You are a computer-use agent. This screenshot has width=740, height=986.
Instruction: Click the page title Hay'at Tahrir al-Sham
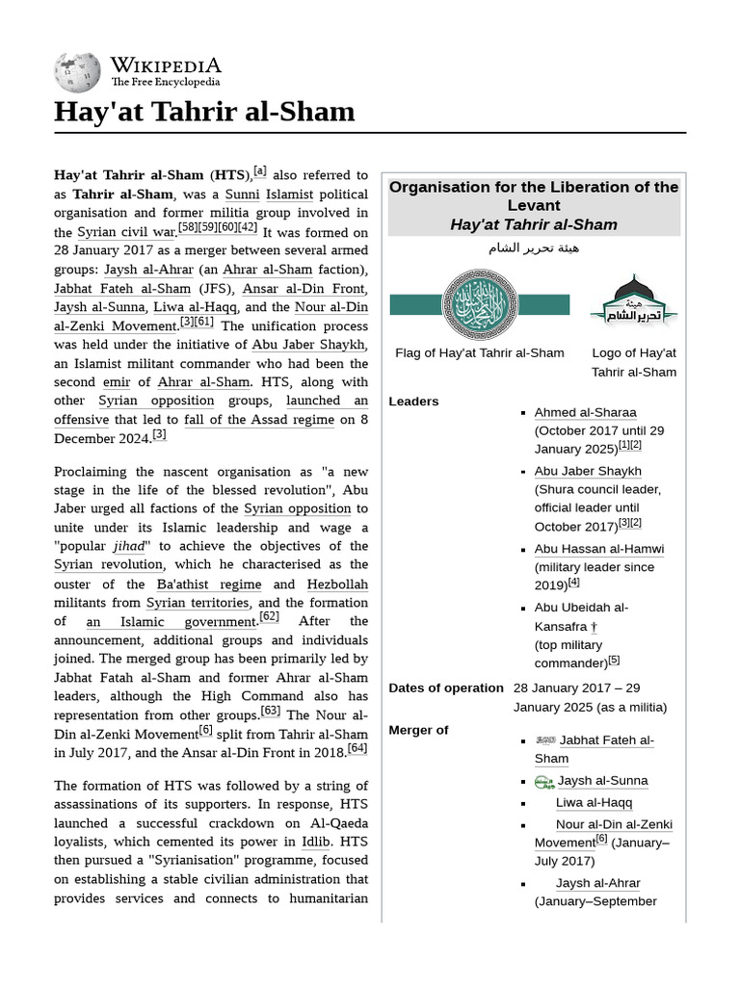(204, 112)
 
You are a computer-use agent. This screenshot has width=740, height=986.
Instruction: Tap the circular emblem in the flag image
(480, 304)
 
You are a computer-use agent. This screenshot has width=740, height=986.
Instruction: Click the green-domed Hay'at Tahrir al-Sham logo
(633, 300)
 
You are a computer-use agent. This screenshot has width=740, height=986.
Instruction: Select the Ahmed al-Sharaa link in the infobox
(585, 412)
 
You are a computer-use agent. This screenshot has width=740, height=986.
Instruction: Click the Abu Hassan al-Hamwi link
(598, 549)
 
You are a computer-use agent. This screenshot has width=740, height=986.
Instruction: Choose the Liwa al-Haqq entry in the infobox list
(594, 802)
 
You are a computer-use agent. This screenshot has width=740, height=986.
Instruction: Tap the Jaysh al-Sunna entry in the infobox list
(602, 780)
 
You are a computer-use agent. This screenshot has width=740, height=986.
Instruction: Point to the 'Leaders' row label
(413, 402)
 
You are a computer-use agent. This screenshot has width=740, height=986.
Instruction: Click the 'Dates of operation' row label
(445, 688)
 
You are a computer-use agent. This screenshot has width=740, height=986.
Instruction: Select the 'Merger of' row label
(418, 730)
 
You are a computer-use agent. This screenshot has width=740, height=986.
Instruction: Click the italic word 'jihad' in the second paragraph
(131, 546)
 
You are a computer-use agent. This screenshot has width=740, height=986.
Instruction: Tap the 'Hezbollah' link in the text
(337, 584)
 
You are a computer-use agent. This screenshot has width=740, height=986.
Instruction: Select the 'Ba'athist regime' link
(209, 584)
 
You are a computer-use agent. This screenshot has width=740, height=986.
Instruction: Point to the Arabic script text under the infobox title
(534, 247)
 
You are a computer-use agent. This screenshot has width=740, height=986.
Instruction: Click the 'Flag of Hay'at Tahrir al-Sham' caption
(480, 352)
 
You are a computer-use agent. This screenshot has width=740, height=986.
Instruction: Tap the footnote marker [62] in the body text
(269, 616)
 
